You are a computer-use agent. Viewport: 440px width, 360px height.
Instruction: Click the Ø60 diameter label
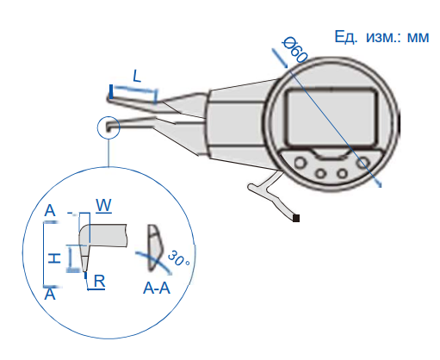[295, 50]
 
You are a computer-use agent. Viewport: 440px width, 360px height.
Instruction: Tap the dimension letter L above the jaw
[137, 76]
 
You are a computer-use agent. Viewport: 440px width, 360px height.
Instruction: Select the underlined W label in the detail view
[103, 206]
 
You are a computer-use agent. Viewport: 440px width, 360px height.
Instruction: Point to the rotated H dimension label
[54, 258]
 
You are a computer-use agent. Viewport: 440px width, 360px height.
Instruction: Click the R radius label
[99, 282]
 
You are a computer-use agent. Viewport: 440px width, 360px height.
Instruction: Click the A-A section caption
[157, 289]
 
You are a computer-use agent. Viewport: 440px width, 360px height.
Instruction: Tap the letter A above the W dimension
[50, 210]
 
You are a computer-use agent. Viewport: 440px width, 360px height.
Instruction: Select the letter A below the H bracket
[50, 295]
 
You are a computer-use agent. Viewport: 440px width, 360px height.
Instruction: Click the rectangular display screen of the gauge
[332, 117]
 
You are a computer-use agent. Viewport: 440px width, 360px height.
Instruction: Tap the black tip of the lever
[296, 218]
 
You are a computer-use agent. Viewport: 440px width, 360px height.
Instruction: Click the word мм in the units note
[418, 37]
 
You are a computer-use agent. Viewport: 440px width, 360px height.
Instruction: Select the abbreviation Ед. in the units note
[346, 37]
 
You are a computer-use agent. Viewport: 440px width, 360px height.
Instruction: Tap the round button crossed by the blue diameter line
[363, 163]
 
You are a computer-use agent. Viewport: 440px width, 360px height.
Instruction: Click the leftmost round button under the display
[300, 163]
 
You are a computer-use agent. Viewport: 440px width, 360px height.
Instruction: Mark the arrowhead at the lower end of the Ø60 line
[380, 185]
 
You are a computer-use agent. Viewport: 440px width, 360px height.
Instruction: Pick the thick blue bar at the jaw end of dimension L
[111, 91]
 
